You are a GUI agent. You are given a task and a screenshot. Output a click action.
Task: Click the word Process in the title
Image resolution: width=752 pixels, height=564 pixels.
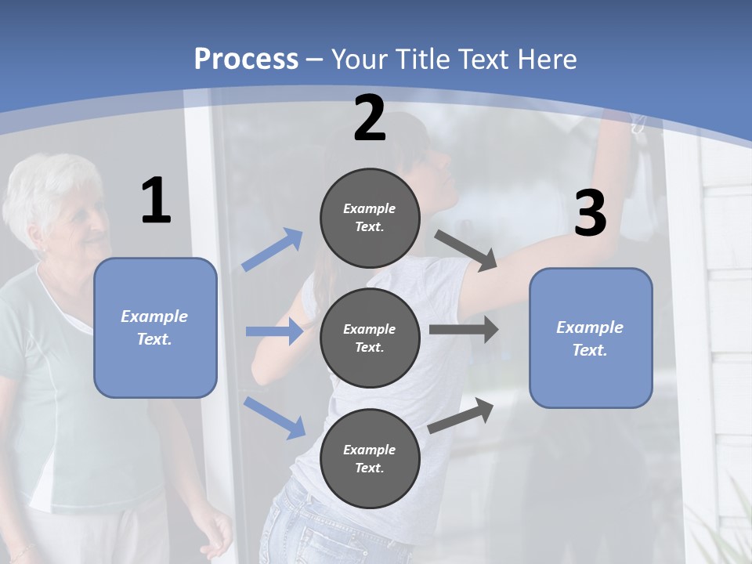click(246, 59)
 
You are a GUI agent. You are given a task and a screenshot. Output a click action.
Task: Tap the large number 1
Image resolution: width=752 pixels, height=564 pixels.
click(155, 201)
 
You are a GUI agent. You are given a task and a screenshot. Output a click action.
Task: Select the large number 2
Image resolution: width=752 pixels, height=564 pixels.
click(370, 118)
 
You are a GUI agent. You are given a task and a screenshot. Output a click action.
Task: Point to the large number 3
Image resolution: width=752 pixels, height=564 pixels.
click(590, 213)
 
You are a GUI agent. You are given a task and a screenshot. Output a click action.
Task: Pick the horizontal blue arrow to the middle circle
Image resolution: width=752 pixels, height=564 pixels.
click(274, 331)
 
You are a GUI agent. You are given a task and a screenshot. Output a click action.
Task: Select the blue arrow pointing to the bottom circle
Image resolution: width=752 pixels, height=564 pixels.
click(275, 417)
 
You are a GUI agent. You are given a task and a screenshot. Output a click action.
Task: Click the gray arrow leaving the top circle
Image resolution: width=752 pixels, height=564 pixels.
click(466, 251)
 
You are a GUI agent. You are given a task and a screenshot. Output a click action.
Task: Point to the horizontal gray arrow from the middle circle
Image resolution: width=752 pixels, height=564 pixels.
click(464, 330)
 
